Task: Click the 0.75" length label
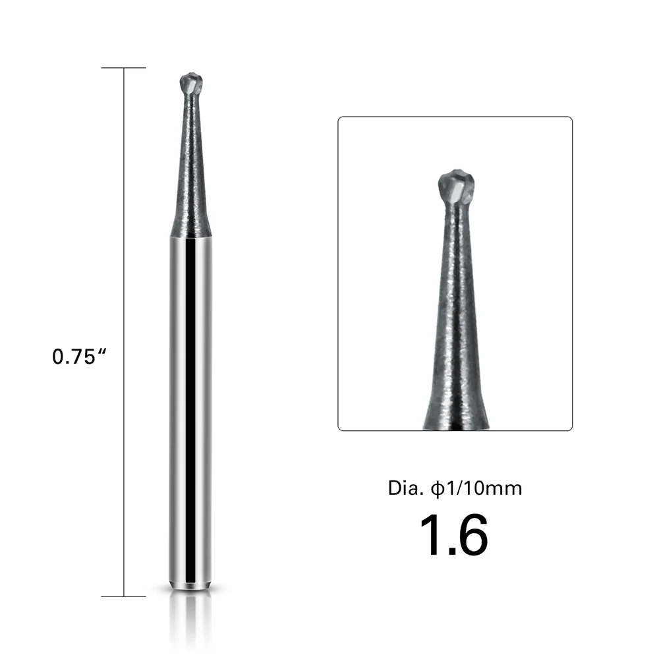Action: [79, 357]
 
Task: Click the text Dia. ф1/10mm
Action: [455, 488]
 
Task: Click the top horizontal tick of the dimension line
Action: [124, 68]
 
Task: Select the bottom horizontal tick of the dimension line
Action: [124, 596]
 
